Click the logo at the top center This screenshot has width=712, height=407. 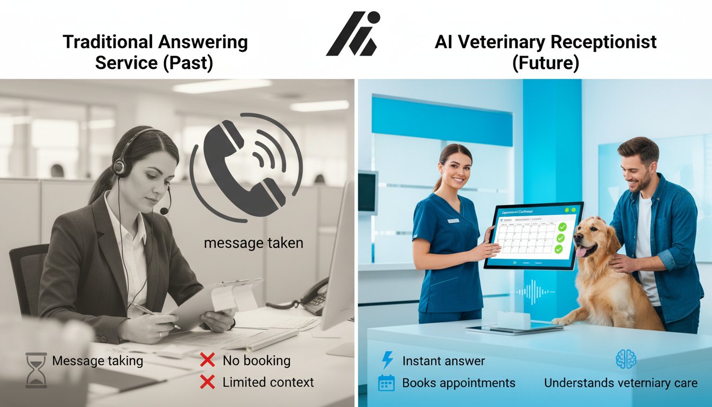pos(353,34)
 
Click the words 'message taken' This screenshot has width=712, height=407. pos(253,243)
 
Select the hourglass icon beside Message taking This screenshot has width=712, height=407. pos(36,370)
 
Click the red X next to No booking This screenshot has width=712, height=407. pos(207,361)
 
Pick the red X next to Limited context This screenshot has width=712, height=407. pos(207,382)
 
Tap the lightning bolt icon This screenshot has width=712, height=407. pos(387,361)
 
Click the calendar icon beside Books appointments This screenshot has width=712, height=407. pos(387,383)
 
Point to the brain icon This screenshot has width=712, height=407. pos(626,359)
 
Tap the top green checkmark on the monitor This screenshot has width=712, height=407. pos(562,226)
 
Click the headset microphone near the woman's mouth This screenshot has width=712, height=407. pos(165,210)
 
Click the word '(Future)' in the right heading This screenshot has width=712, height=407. pos(545,64)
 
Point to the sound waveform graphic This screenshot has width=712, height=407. pos(535,292)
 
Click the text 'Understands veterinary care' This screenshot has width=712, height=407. pos(620,383)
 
